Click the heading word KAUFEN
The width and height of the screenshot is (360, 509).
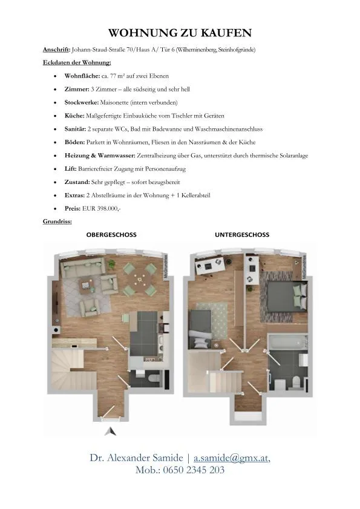click(x=226, y=33)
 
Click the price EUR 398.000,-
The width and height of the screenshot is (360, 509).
click(x=101, y=208)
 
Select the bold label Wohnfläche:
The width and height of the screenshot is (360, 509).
click(x=82, y=76)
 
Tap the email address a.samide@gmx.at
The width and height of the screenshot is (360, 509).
click(x=231, y=458)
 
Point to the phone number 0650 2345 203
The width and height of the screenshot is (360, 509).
click(x=194, y=470)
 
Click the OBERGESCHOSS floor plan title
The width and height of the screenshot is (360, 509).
click(x=111, y=235)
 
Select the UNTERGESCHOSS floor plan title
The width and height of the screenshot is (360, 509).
click(x=242, y=235)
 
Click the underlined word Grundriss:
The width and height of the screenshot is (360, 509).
click(x=57, y=222)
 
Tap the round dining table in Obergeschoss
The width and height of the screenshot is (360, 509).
click(x=140, y=279)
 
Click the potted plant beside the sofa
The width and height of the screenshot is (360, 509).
click(x=111, y=264)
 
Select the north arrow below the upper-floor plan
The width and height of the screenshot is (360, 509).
click(x=110, y=432)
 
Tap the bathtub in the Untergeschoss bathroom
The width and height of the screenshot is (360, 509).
click(x=288, y=343)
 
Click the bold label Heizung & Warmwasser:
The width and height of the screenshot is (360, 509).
click(x=100, y=156)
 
